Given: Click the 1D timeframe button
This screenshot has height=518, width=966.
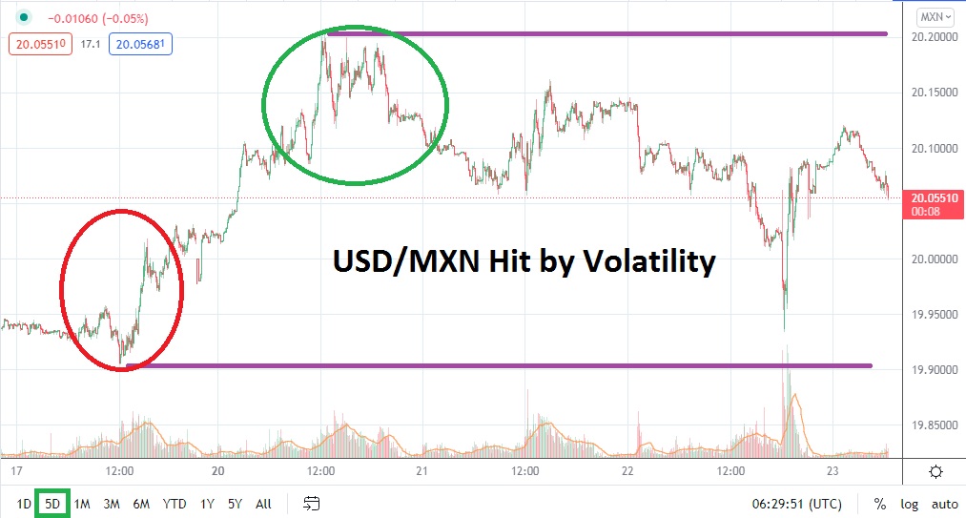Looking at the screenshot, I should (25, 503).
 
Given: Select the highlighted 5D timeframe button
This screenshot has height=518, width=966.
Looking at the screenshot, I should (52, 503).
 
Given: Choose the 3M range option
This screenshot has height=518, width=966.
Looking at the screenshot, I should (112, 503).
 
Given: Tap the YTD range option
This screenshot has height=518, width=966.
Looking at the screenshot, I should (174, 503).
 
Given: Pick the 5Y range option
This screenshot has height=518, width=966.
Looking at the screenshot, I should (235, 503).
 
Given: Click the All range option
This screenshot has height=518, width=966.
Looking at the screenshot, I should (264, 503).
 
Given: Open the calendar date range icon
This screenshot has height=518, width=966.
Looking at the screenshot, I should (311, 503).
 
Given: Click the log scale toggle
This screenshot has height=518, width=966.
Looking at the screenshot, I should (909, 504).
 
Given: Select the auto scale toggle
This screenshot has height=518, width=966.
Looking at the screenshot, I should (944, 504).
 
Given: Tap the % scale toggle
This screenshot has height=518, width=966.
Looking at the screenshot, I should (879, 504).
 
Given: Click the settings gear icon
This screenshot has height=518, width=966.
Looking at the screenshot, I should (935, 471).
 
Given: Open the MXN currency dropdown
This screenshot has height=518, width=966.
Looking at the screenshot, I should (932, 17).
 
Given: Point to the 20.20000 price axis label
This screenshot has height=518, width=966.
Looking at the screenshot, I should (932, 37).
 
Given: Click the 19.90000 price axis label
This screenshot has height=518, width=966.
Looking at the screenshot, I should (932, 370).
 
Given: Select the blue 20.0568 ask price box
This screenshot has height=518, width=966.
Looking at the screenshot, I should (141, 43).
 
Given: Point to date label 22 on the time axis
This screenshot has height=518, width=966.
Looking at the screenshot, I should (627, 471).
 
